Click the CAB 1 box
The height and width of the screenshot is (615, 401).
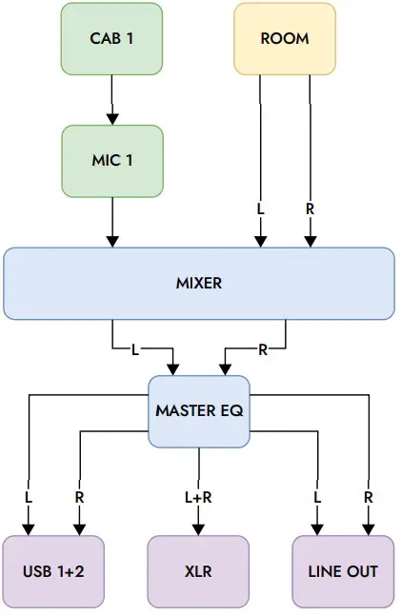[111, 39]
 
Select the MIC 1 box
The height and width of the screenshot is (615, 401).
[111, 161]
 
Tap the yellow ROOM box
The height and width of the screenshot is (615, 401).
[285, 39]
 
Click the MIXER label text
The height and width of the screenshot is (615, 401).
[198, 284]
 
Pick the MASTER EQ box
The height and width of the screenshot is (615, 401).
[198, 411]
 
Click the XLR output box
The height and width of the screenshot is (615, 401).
[198, 571]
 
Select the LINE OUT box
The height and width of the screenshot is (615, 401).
[342, 571]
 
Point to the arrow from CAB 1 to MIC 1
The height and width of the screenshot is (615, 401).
[111, 100]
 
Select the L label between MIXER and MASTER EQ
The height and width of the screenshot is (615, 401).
[134, 349]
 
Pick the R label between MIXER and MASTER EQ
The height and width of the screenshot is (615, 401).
[263, 349]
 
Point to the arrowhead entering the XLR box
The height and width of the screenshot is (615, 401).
[198, 528]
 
